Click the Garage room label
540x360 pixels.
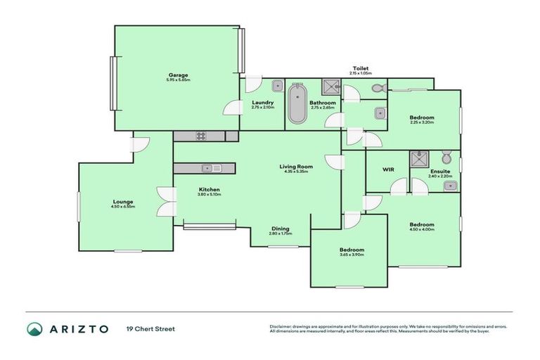[178, 75]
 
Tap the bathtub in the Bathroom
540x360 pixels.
[297, 104]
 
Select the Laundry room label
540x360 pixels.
[262, 103]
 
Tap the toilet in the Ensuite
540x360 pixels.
[446, 157]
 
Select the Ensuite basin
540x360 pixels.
[451, 186]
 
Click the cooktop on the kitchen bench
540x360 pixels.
[200, 136]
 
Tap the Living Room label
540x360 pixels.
[298, 167]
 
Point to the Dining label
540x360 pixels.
[281, 228]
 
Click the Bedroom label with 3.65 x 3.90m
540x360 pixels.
[352, 250]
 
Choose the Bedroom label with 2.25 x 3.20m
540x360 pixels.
[422, 117]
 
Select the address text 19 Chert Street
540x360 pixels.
[150, 329]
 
